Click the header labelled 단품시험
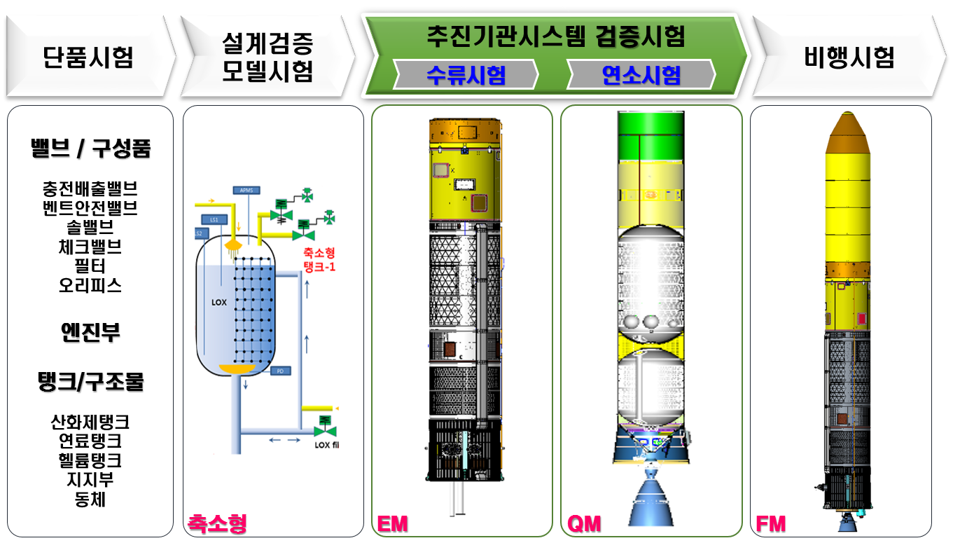click(88, 57)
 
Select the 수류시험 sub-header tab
click(466, 74)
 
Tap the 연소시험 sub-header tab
click(641, 74)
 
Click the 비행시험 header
click(849, 57)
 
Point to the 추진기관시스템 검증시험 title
click(555, 36)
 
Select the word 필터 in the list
click(89, 266)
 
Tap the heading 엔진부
click(90, 332)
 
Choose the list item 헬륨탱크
click(90, 460)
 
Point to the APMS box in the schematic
click(246, 190)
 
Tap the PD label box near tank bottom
click(280, 371)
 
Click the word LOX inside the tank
click(221, 303)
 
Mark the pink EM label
click(392, 523)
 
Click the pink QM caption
click(584, 523)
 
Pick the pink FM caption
click(771, 523)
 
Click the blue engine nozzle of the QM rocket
click(650, 501)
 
